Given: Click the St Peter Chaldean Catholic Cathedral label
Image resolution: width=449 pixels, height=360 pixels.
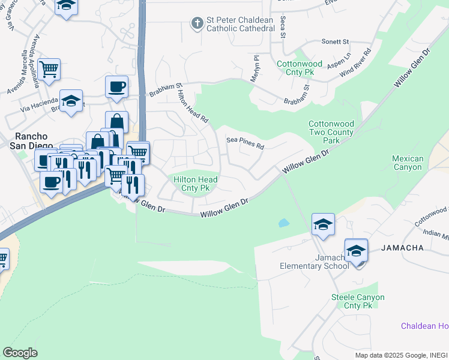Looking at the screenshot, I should [240, 24].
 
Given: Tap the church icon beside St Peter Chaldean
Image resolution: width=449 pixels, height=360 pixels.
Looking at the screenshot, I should [196, 23].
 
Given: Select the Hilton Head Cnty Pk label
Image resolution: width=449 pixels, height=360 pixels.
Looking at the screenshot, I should [195, 184].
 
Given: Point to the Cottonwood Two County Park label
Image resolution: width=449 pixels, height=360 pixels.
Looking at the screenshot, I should [331, 132].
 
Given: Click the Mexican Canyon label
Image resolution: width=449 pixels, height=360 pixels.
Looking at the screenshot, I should [408, 163].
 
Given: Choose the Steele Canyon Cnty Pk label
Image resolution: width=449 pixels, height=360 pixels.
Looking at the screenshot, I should [358, 301].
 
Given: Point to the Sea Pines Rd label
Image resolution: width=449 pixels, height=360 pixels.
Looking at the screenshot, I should [245, 143].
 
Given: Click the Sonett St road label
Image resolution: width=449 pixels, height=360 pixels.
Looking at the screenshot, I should [335, 41].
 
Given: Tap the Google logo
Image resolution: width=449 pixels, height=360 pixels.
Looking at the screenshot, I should [20, 352].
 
